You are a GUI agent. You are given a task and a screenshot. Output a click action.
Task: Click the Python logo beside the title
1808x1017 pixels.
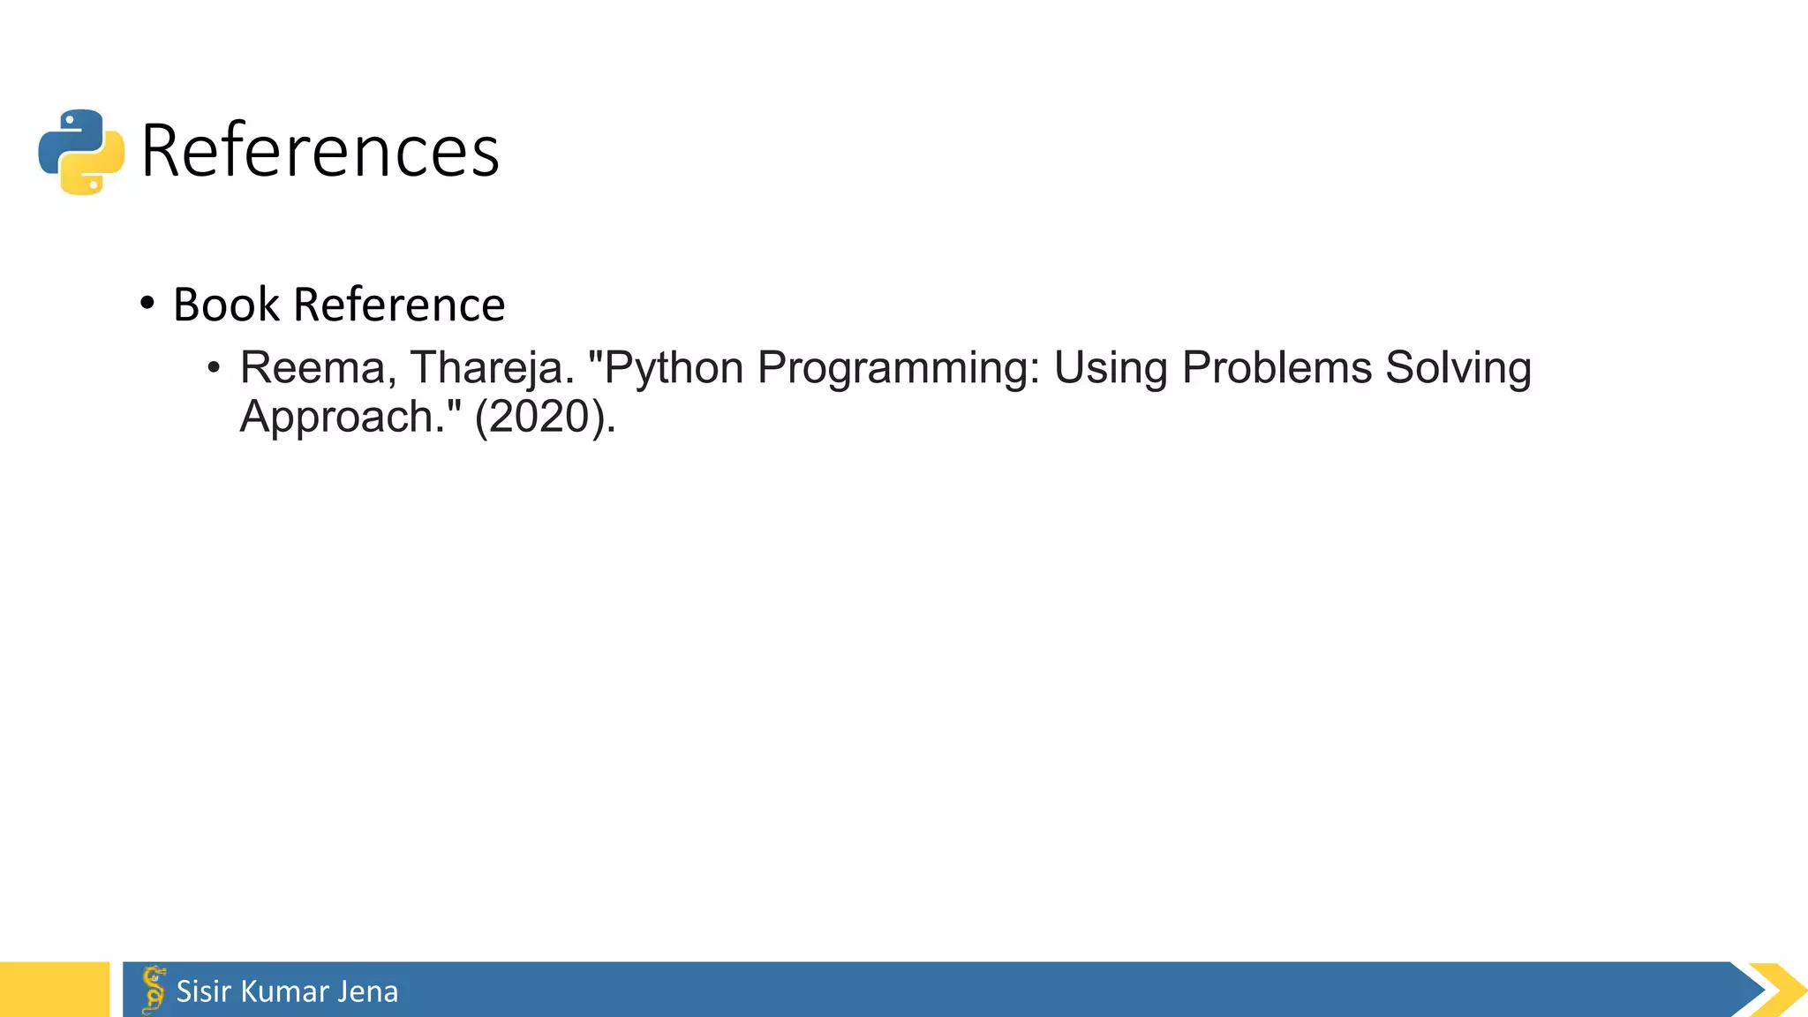(x=81, y=152)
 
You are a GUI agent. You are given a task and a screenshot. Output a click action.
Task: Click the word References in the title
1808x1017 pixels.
(x=320, y=151)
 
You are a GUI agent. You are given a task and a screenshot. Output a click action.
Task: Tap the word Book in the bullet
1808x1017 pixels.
(x=226, y=305)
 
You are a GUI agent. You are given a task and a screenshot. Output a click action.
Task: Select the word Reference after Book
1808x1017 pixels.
(x=399, y=305)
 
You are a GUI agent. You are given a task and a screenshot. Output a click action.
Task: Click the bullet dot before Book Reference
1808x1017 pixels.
(x=147, y=304)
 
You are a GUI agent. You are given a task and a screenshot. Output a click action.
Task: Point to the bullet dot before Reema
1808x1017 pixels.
(x=213, y=367)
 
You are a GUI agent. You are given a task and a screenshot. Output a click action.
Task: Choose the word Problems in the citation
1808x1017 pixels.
(x=1277, y=367)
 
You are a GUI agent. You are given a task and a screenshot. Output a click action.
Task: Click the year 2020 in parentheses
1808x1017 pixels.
(x=544, y=417)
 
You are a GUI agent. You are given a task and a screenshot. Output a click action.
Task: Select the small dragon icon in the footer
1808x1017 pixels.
(x=154, y=990)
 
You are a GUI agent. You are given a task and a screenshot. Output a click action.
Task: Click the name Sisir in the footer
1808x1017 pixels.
(x=204, y=991)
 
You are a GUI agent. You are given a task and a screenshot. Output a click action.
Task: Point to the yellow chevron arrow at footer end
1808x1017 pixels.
(x=1780, y=990)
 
